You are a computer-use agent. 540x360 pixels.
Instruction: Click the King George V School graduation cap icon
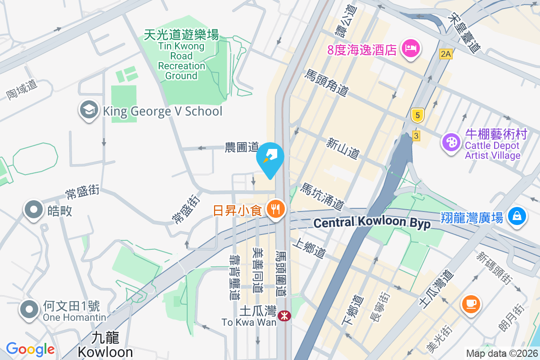click(x=89, y=110)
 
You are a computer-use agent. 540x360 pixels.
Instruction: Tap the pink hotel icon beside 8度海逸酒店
click(x=410, y=48)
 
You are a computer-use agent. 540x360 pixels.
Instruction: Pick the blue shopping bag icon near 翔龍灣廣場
click(x=517, y=216)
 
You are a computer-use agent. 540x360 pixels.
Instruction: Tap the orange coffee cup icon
click(x=471, y=304)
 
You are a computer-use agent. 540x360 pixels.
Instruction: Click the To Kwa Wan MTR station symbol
click(x=284, y=316)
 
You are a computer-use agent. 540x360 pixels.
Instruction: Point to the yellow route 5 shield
click(x=418, y=116)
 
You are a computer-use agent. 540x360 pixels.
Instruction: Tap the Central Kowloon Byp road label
click(x=372, y=223)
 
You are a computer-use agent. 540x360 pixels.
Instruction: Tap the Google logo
click(x=30, y=349)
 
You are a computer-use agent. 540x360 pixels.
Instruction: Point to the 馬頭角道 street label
click(x=327, y=82)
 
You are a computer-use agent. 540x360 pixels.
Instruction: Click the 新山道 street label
click(x=343, y=148)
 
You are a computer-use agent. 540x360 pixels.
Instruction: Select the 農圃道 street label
click(x=242, y=147)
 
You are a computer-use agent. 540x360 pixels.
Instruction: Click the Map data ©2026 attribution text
click(x=501, y=353)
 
